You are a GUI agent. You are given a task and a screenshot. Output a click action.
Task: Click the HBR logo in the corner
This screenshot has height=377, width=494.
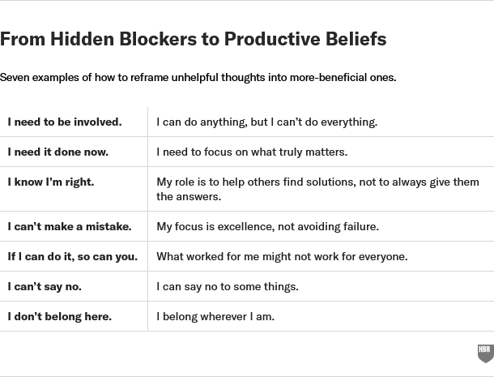click(x=485, y=353)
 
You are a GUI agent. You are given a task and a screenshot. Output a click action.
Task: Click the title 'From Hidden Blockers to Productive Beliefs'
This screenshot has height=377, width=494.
click(x=194, y=39)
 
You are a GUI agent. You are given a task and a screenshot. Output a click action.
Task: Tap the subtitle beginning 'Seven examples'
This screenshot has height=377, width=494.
click(x=198, y=78)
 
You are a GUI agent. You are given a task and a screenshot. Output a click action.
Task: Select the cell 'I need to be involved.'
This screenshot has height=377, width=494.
click(x=65, y=122)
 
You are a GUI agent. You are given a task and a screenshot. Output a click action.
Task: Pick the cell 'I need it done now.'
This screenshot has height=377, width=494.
click(x=58, y=152)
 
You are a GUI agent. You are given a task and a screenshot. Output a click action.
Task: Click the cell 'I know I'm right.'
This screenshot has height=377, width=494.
click(x=51, y=182)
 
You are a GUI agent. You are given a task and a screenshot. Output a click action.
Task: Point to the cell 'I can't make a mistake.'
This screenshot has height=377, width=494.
click(x=70, y=226)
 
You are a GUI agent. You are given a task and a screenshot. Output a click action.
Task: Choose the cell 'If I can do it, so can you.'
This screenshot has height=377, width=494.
click(x=73, y=256)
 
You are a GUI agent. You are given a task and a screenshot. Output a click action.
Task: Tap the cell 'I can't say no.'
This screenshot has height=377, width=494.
click(x=45, y=286)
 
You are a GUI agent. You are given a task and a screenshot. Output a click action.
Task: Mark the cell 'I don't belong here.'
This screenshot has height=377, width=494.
click(x=60, y=316)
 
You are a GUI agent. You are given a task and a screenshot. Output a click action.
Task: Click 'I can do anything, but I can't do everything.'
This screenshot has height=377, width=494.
click(x=266, y=122)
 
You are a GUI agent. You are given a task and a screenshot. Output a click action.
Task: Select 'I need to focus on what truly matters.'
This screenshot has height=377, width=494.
click(x=252, y=152)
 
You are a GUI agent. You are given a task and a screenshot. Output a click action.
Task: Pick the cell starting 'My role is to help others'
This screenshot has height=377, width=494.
click(x=317, y=189)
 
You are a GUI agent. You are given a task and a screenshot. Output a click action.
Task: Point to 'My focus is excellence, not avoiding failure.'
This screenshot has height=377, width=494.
click(x=267, y=226)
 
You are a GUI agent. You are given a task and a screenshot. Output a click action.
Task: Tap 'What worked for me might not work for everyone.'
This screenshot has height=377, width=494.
click(x=282, y=256)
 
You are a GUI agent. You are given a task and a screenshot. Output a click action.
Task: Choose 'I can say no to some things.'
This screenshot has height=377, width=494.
click(x=228, y=286)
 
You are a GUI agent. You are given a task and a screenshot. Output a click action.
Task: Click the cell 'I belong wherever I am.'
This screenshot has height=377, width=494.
click(x=215, y=316)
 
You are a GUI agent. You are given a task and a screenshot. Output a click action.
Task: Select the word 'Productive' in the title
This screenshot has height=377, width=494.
click(x=274, y=39)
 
